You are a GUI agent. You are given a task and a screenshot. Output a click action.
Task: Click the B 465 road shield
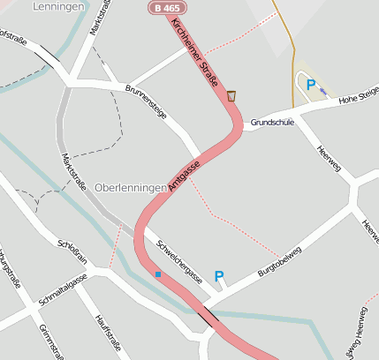click(162, 8)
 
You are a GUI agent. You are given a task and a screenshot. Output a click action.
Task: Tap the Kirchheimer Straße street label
click(196, 51)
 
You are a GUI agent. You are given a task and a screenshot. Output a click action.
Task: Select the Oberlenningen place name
click(130, 188)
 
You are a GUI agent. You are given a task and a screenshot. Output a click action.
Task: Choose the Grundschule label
click(271, 122)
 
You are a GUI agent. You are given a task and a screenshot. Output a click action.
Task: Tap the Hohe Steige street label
click(359, 94)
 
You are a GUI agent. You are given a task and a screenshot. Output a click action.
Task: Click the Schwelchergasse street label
click(179, 262)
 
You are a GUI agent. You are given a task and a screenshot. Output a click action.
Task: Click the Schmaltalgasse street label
click(63, 289)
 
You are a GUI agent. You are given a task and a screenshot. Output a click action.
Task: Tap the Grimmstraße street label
click(51, 342)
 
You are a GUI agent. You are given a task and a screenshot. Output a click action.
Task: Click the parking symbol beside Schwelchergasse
click(219, 276)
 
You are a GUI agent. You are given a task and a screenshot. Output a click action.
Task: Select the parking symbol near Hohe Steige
click(310, 85)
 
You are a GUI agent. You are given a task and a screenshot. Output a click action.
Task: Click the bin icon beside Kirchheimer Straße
click(231, 95)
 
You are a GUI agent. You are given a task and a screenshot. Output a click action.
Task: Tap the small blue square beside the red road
click(158, 274)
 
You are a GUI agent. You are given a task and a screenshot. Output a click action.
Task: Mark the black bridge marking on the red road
click(210, 315)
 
